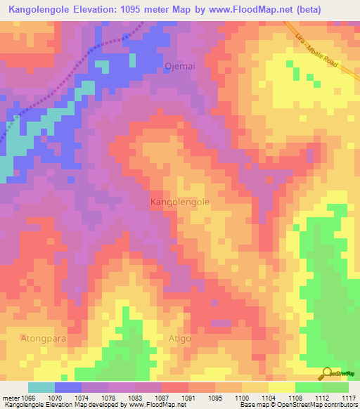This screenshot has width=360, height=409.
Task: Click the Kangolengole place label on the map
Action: [x=180, y=202]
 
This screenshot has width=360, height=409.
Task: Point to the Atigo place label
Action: [x=179, y=338]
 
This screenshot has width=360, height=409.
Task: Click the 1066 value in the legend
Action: [x=27, y=398]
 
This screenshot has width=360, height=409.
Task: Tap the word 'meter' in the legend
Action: [x=10, y=398]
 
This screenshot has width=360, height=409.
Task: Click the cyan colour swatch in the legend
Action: [x=41, y=387]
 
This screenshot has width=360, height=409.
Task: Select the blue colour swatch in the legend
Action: [x=68, y=387]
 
